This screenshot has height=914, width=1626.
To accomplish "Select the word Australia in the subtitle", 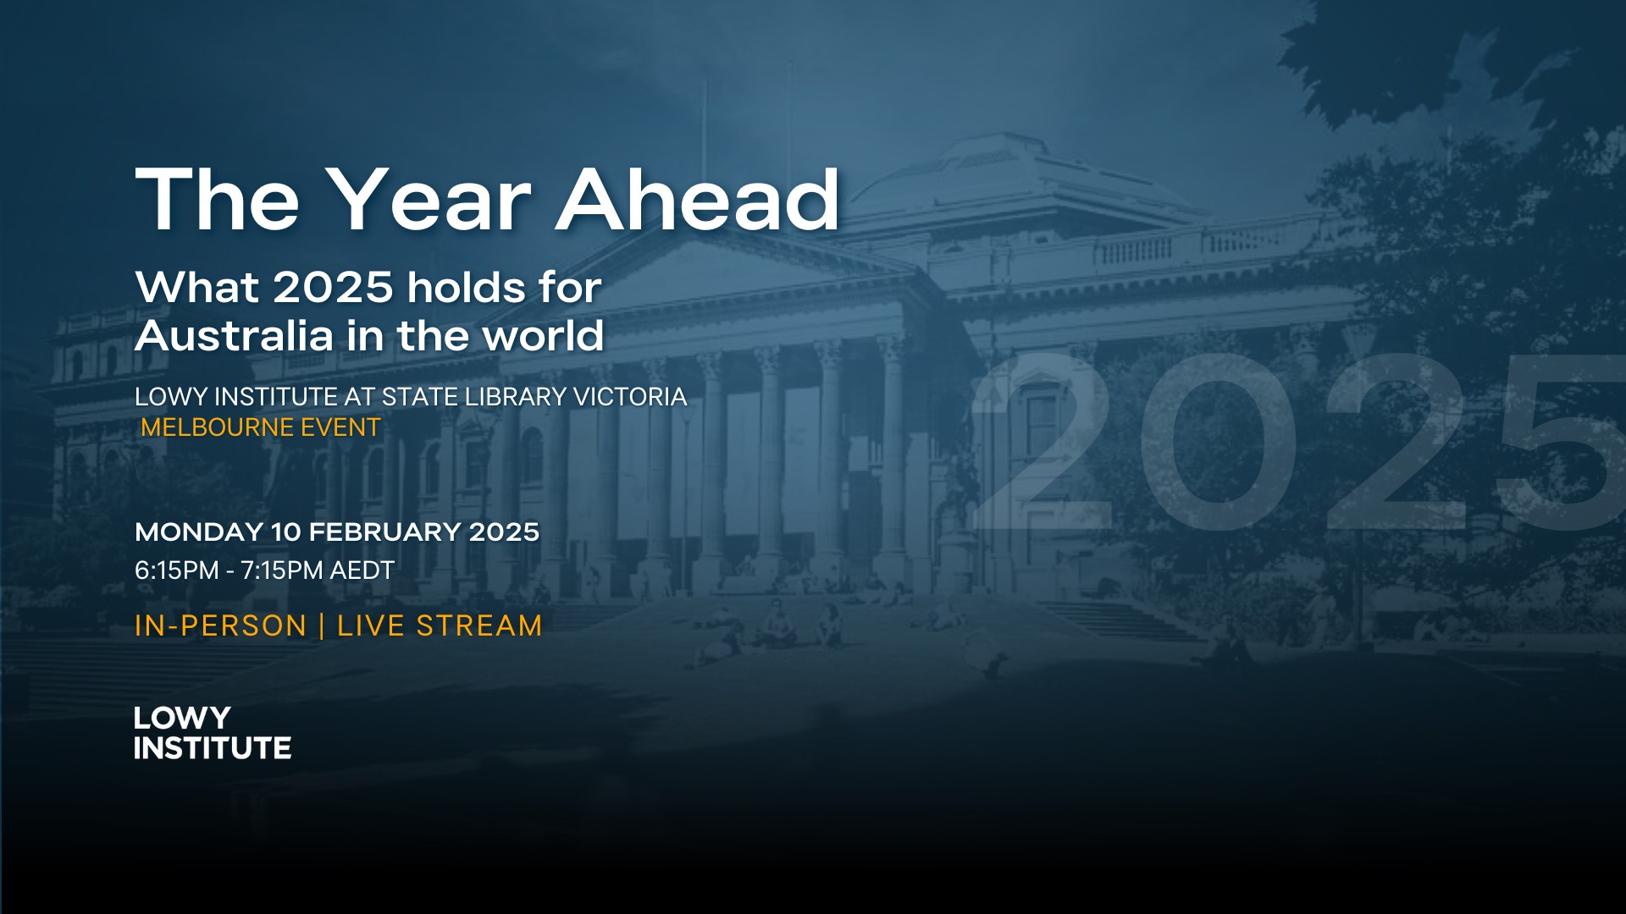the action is pos(234,337).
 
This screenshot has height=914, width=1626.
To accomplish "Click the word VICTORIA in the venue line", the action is pos(630,397).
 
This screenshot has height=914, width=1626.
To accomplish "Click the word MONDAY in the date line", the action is pos(199,531).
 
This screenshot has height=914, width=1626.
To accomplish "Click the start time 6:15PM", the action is pos(177,570).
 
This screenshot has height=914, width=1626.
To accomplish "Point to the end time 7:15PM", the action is pos(282,570).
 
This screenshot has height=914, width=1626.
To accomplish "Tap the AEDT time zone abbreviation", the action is pos(362,570).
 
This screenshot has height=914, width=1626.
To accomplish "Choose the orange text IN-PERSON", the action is pos(221,625).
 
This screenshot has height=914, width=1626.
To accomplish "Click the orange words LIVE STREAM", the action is pos(440,625).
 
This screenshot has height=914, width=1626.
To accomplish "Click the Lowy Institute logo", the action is pos(213,732).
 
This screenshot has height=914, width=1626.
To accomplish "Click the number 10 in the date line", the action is pos(286,531).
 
